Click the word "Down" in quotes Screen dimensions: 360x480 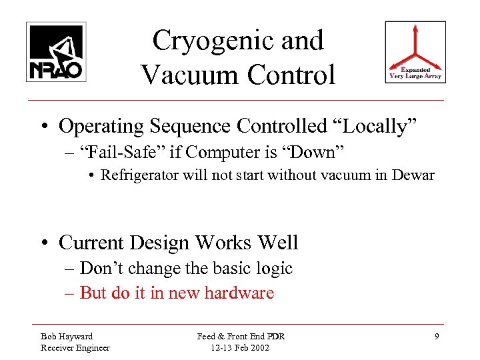(316, 152)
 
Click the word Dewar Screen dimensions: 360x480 (415, 176)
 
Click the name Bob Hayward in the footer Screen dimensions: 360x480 (67, 336)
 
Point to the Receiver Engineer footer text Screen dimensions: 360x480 (75, 347)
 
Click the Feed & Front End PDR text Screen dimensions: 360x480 (241, 336)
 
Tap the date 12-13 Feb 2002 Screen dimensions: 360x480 (241, 347)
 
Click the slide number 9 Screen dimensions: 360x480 (437, 337)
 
